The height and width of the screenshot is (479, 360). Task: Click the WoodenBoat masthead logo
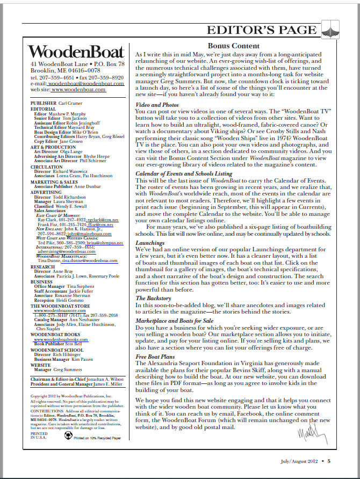[76, 52]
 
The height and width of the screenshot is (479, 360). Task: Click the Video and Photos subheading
[157, 105]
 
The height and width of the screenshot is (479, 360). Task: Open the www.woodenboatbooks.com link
[57, 340]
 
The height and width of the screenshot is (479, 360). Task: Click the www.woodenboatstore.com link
[56, 310]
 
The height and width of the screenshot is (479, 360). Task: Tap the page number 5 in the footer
[329, 461]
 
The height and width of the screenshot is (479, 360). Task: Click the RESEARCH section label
[42, 266]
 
